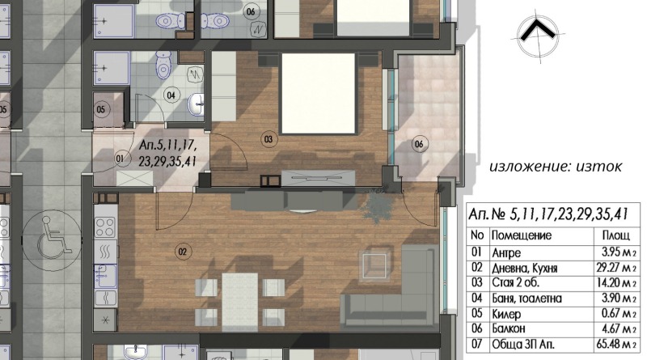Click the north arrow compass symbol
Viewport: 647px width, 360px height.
[x=538, y=36]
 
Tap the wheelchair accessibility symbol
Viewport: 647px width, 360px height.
[x=52, y=239]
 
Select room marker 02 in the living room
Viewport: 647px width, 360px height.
[x=183, y=252]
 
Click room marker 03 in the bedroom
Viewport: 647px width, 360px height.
[x=269, y=139]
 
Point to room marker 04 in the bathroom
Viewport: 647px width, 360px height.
[x=171, y=95]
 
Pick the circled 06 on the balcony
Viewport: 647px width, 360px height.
[x=419, y=144]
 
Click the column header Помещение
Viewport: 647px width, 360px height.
[x=521, y=235]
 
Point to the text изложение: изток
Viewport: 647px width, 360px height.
[x=556, y=167]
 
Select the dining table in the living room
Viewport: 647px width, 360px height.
[x=239, y=302]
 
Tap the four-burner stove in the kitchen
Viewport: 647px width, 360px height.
[x=105, y=227]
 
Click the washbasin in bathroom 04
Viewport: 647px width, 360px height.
[x=196, y=104]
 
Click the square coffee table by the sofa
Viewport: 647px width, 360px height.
[x=374, y=266]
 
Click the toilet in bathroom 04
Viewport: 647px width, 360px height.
[x=165, y=65]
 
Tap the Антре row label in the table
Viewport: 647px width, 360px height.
[x=506, y=252]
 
